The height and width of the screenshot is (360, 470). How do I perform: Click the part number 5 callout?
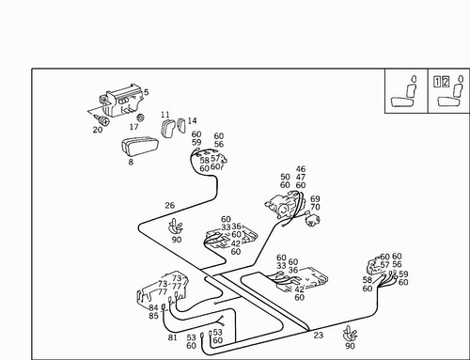[146, 92]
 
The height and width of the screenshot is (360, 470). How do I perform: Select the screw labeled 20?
[102, 119]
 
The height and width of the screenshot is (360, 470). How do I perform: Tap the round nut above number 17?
[140, 117]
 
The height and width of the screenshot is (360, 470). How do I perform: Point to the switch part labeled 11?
[168, 129]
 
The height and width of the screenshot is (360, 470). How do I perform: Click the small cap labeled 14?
[181, 125]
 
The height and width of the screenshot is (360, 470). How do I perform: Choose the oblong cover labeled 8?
[140, 147]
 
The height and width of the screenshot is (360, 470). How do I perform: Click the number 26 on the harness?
[169, 206]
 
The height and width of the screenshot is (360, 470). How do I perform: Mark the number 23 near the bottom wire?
[319, 336]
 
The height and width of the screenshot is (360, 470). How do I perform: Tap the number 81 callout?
[173, 337]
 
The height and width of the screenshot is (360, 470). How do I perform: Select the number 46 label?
[301, 169]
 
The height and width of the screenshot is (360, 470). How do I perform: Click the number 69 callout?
[315, 199]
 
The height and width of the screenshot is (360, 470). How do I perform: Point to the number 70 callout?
[315, 207]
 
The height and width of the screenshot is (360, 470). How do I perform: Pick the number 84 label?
[153, 307]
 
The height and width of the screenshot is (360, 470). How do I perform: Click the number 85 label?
[153, 316]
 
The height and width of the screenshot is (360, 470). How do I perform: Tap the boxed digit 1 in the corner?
[437, 82]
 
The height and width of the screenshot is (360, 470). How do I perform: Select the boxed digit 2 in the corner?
[446, 82]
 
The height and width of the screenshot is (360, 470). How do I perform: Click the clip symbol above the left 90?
[176, 227]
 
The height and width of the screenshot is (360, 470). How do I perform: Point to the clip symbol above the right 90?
[350, 334]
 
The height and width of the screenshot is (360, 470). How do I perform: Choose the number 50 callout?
[285, 177]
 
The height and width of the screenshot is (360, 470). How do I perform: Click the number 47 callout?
[301, 178]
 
